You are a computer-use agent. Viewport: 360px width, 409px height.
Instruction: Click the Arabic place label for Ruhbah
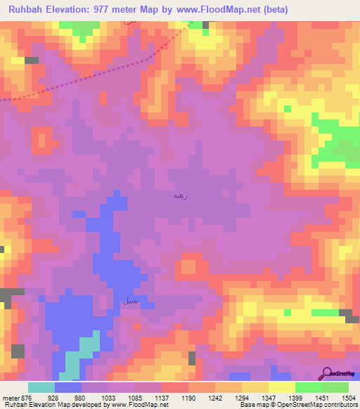tap(179, 196)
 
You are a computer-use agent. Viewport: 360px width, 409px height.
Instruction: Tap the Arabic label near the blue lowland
tap(129, 301)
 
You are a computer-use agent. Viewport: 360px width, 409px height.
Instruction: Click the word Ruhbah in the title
tap(28, 10)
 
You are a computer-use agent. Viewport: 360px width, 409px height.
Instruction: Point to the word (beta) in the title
tap(272, 10)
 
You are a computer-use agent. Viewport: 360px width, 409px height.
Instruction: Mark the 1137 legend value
tap(161, 397)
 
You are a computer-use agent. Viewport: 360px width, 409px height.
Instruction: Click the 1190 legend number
tap(188, 397)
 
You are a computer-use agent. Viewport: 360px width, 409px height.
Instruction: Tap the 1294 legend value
tap(243, 397)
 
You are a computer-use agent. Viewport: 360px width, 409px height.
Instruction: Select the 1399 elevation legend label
tap(297, 397)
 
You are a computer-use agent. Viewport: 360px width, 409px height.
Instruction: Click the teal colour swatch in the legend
tap(41, 387)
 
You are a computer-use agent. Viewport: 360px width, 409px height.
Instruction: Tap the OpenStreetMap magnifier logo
tap(326, 374)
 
